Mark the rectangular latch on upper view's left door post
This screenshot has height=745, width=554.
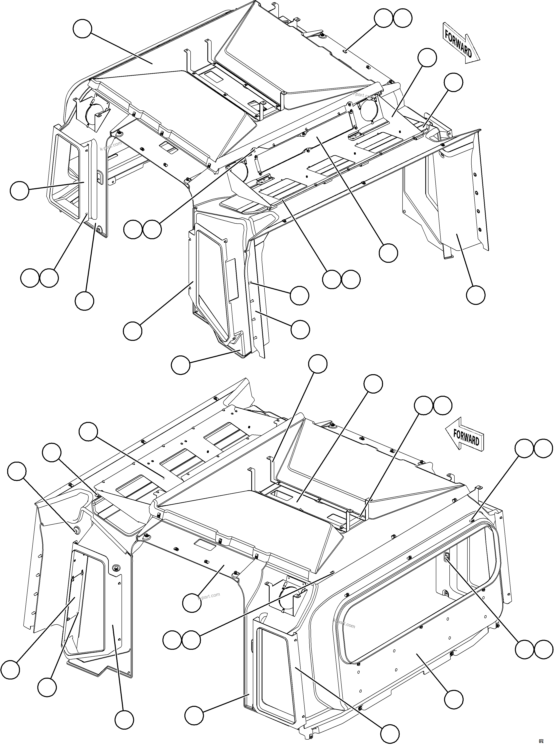99,177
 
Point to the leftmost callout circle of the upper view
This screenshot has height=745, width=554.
19,191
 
